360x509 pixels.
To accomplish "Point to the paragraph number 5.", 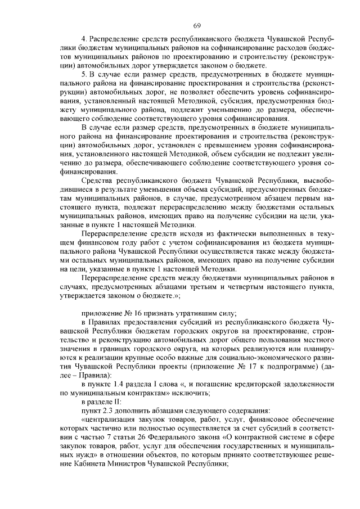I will click(x=84, y=74).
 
